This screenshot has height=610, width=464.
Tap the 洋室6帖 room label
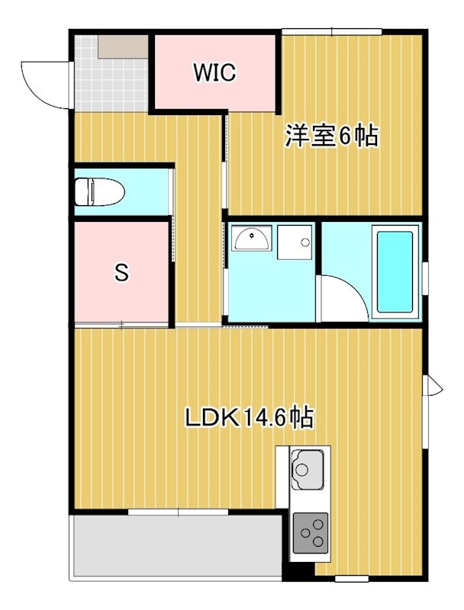tap(332, 136)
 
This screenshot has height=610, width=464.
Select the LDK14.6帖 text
tap(249, 418)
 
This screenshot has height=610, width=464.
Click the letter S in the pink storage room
tap(121, 272)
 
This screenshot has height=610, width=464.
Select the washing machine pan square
tap(295, 243)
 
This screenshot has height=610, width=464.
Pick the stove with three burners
tap(311, 532)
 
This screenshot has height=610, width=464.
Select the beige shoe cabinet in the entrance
tap(122, 47)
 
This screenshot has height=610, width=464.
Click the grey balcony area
tap(176, 545)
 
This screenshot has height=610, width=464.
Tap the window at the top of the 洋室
tap(331, 31)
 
